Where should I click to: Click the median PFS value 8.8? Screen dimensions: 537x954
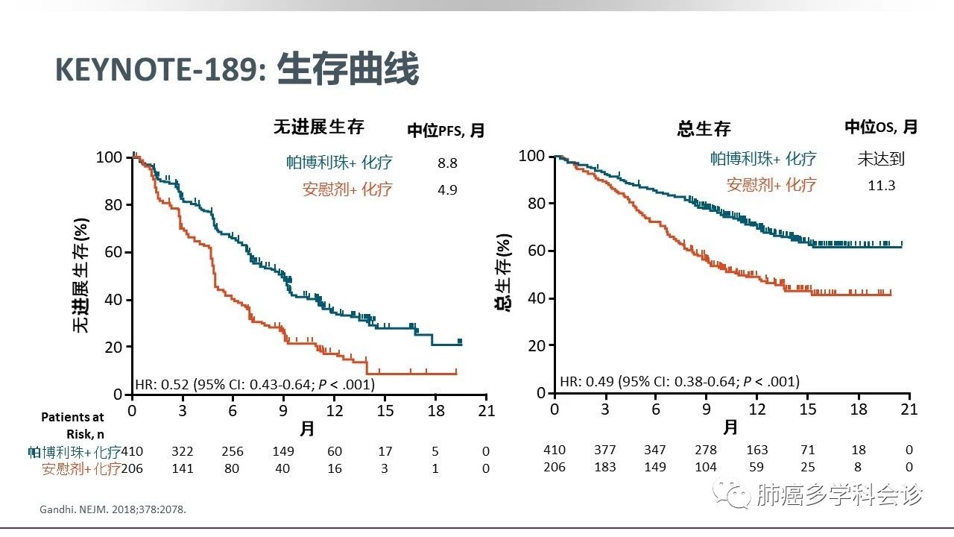447,163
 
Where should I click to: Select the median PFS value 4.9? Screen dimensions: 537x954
447,189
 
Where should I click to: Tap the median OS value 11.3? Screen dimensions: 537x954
881,185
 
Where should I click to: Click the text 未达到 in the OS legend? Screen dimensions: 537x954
881,158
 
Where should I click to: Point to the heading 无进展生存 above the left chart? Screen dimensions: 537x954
319,128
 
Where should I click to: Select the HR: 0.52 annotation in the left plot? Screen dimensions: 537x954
254,385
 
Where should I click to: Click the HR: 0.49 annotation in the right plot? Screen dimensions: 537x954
679,382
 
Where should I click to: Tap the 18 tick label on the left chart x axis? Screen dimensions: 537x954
435,411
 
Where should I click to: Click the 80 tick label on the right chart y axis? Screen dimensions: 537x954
536,204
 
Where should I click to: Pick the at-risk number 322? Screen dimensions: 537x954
182,451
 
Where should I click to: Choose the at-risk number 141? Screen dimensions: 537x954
182,468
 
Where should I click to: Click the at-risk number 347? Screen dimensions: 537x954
655,450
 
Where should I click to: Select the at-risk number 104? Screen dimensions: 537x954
705,467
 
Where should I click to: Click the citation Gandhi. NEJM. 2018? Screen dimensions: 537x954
112,509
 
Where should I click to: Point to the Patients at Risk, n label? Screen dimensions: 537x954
72,424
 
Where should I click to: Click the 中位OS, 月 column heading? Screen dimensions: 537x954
880,128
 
